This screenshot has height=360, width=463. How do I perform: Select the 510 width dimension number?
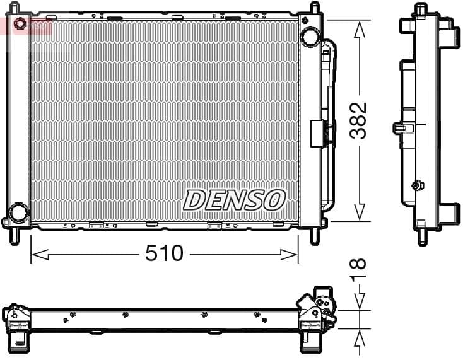163,253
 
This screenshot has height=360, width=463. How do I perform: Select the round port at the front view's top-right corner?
310,37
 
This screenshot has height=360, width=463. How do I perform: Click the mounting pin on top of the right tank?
314,8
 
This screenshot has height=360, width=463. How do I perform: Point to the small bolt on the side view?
416,185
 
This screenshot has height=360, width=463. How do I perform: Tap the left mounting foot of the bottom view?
21,342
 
